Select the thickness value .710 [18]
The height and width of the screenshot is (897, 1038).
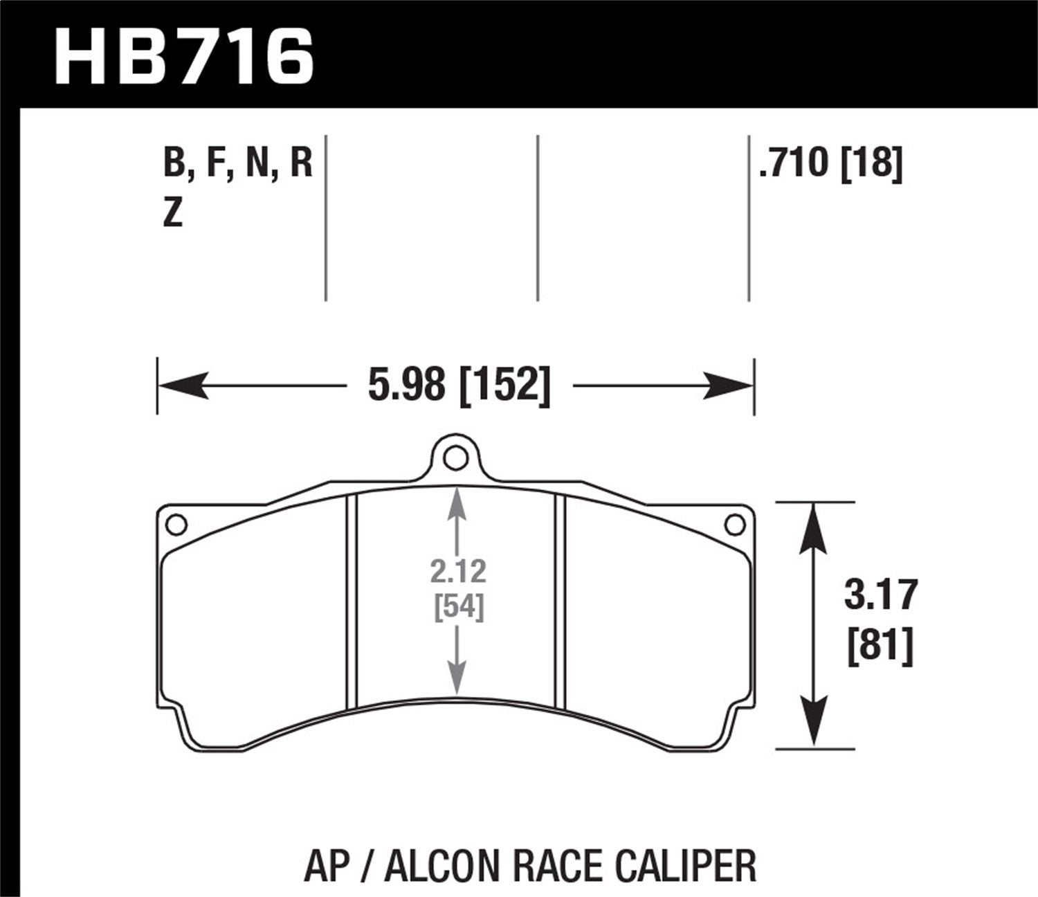point(830,163)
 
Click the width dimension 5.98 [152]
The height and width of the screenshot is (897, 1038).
point(459,385)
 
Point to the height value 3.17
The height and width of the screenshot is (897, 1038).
point(880,595)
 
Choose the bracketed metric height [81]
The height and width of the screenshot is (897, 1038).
point(880,646)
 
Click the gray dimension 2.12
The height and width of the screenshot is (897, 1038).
point(458,572)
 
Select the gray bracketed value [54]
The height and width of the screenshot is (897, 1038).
point(458,607)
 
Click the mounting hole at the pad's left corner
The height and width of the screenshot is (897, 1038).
point(176,525)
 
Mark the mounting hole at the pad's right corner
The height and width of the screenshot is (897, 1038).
point(735,525)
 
